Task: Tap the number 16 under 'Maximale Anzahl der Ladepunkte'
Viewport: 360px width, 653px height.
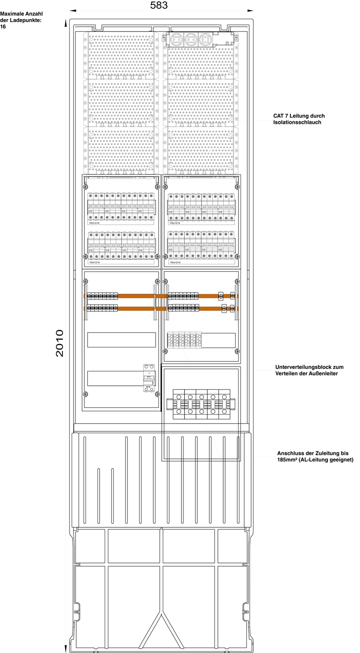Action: click(3, 27)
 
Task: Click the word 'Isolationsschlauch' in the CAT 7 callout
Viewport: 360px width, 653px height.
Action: click(297, 123)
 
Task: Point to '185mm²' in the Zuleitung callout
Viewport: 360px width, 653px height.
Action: click(288, 460)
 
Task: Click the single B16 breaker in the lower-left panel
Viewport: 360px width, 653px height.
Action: click(149, 379)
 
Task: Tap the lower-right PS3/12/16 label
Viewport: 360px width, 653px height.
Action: click(175, 262)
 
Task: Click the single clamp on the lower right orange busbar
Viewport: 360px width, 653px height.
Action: click(224, 308)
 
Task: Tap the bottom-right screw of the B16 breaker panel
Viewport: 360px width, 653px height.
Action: click(157, 394)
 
